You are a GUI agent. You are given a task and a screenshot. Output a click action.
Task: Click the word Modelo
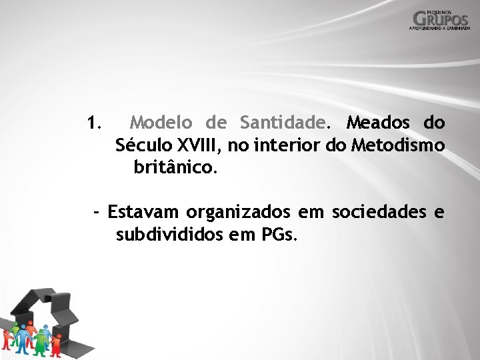pyautogui.click(x=161, y=123)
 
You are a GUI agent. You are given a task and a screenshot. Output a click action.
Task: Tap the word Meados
pyautogui.click(x=378, y=123)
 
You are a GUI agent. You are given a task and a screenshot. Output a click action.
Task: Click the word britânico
pyautogui.click(x=175, y=167)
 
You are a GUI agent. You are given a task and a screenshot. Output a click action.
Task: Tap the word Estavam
pyautogui.click(x=143, y=212)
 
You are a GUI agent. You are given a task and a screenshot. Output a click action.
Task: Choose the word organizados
pyautogui.click(x=238, y=213)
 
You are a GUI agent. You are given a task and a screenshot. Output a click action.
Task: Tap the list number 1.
pyautogui.click(x=93, y=123)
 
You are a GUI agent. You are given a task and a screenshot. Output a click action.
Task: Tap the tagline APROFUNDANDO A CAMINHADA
pyautogui.click(x=440, y=29)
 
